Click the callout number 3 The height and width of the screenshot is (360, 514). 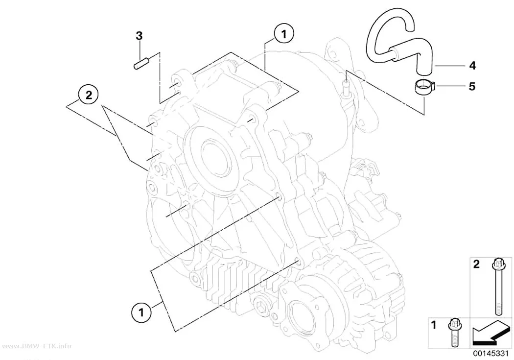tap(140, 36)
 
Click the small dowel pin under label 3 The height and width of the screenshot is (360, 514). tap(141, 63)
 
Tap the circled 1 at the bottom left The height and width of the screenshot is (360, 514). tap(141, 312)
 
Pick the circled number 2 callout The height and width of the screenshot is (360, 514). tap(89, 96)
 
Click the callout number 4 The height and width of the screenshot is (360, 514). tap(472, 66)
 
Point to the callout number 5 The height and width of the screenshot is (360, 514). tap(472, 87)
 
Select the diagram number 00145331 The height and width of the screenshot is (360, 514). tap(491, 354)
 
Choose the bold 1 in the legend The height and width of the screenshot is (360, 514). tap(434, 325)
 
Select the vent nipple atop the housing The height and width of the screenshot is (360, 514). tap(346, 85)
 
